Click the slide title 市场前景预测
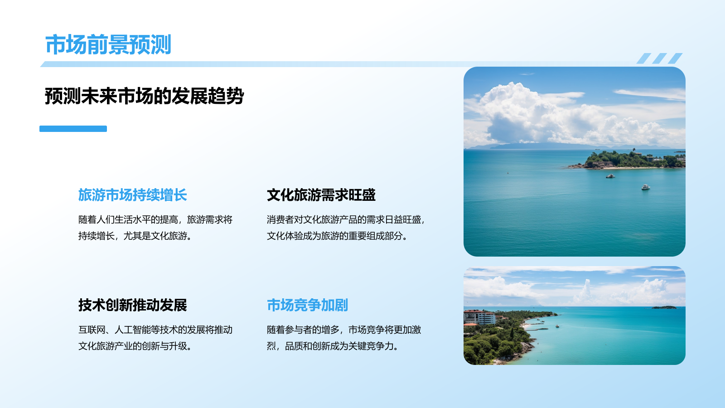click(108, 45)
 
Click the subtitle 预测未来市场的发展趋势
click(144, 96)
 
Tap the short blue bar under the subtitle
click(73, 129)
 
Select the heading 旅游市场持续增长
click(132, 195)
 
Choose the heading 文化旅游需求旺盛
click(321, 195)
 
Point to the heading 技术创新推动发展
click(132, 305)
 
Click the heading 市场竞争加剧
click(307, 305)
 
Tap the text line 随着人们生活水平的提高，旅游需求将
click(155, 220)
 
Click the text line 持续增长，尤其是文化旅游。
click(135, 236)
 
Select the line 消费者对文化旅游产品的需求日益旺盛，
click(346, 220)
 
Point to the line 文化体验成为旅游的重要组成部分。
click(337, 236)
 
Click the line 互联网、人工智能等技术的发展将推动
click(155, 330)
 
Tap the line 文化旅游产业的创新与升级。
click(135, 346)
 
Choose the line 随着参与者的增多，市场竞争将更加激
click(343, 330)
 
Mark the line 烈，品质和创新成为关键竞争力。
click(332, 346)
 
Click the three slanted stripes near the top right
click(659, 58)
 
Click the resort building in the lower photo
click(479, 317)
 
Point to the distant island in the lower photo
click(664, 307)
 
